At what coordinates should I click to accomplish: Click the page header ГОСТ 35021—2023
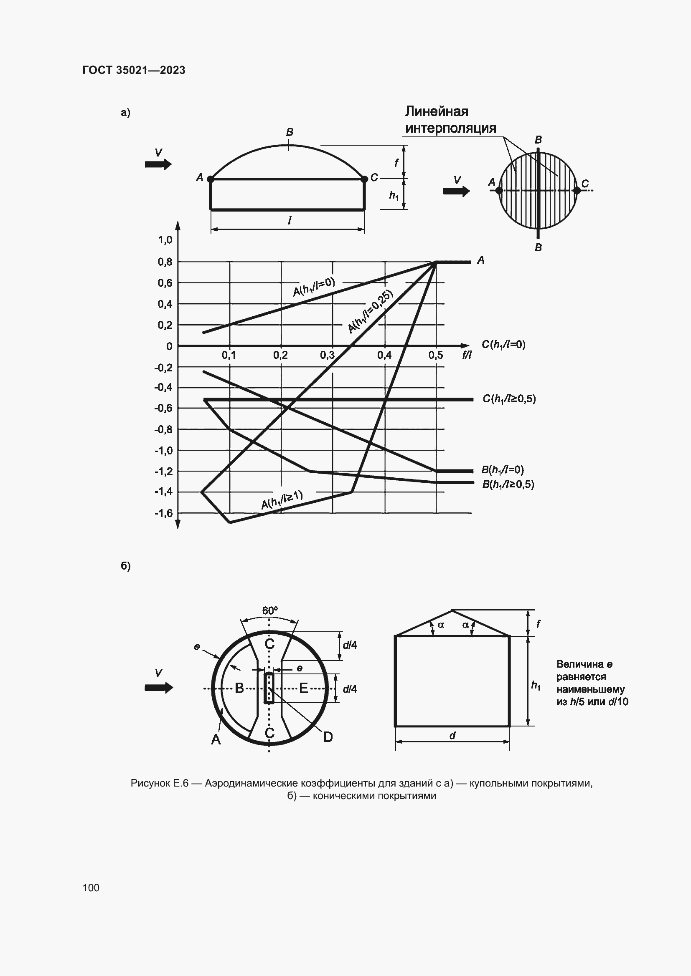click(x=134, y=70)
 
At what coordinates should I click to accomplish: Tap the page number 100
click(x=91, y=888)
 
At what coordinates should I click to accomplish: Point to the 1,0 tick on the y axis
click(x=165, y=240)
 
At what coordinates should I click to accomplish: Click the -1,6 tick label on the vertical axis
click(x=163, y=514)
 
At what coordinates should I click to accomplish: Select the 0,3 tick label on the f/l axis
click(x=327, y=355)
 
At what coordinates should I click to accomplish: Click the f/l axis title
click(x=467, y=355)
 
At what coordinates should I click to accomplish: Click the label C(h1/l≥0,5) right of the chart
click(x=509, y=399)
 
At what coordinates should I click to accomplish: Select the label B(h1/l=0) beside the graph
click(x=503, y=470)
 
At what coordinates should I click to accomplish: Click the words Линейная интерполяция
click(x=450, y=120)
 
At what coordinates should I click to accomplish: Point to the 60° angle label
click(x=270, y=611)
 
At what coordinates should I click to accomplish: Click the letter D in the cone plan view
click(x=328, y=737)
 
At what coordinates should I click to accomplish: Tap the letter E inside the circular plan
click(x=303, y=688)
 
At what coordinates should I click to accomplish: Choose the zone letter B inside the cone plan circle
click(x=239, y=688)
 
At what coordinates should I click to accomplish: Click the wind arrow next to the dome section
click(x=158, y=164)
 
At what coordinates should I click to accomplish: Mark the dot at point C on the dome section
click(x=364, y=179)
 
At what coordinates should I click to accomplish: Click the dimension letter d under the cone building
click(x=452, y=735)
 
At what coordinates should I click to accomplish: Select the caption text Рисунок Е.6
click(x=159, y=783)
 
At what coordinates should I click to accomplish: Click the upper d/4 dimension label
click(x=350, y=645)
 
